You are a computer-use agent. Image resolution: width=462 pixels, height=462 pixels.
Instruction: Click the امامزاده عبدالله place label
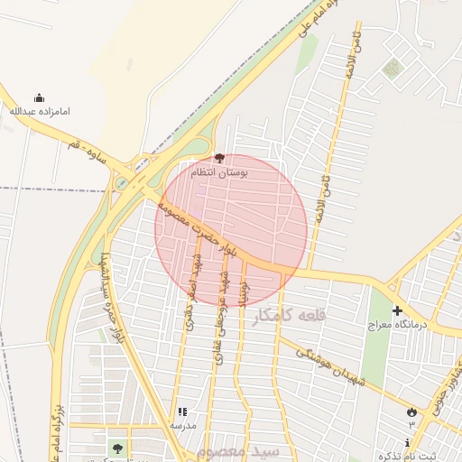tap(39, 111)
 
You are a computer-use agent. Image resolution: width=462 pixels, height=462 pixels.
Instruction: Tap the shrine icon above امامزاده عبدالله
tap(39, 98)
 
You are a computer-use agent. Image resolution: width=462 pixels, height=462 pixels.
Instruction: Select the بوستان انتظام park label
tap(219, 171)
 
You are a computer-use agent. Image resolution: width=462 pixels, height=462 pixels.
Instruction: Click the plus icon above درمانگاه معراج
tap(397, 311)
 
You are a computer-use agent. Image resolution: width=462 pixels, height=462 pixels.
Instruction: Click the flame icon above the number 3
tap(411, 411)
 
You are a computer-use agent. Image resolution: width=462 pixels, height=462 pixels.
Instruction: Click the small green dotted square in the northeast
tap(392, 68)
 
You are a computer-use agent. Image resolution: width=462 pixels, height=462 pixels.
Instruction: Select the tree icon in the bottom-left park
tap(116, 447)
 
